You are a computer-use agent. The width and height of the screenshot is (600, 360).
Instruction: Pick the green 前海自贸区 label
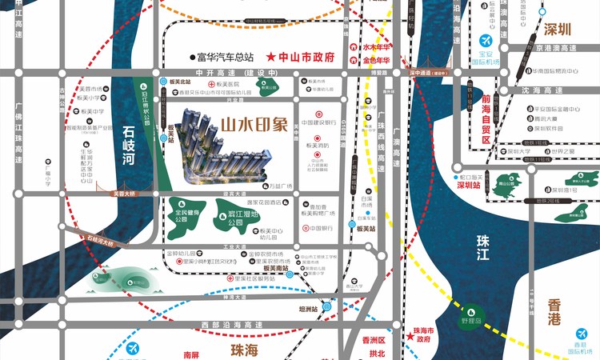[x=486, y=119]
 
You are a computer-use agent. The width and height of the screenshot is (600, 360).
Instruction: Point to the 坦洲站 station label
[x=308, y=308]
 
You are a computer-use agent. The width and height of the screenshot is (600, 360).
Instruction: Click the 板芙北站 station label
[x=181, y=82]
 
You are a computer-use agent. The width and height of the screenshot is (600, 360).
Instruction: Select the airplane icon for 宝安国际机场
[x=485, y=41]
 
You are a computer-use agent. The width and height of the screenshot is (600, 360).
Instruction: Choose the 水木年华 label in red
[x=377, y=47]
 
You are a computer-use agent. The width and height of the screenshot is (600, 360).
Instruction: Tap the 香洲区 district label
[x=373, y=340]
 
